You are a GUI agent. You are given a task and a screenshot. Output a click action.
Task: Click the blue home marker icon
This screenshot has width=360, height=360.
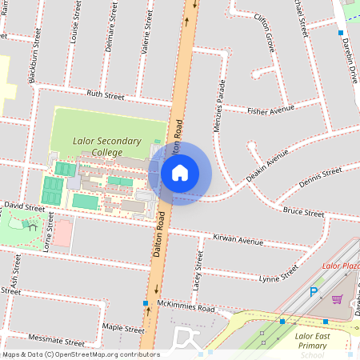180,173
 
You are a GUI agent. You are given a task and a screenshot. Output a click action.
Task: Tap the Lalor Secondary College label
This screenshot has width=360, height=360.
106,146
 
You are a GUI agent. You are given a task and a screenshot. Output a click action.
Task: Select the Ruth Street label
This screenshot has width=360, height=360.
106,95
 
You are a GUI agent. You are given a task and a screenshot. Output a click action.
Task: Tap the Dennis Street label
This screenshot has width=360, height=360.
320,178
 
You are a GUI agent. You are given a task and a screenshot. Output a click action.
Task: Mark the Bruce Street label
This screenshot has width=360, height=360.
302,213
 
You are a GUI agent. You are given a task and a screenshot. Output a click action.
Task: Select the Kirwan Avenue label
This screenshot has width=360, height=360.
238,240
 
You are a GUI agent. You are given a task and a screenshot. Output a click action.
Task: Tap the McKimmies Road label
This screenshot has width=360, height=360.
186,308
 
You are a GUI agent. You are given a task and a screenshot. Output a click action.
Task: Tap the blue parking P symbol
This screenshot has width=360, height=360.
314,294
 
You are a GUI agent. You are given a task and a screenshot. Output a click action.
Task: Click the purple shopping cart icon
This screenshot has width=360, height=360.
337,299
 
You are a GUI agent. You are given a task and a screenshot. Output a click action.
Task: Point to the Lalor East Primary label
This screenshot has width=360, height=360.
318,338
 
